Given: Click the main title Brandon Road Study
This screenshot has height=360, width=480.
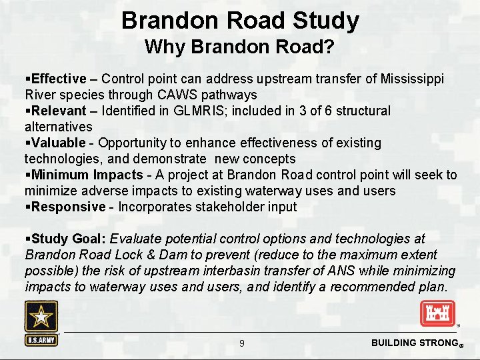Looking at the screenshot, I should [240, 21].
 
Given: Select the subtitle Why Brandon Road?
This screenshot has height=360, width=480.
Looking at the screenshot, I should [240, 47].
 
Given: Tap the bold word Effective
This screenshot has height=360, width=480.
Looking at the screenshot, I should [59, 79].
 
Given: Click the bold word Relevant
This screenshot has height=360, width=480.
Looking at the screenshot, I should [59, 111].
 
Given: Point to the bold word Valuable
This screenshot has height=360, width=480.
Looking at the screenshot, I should [58, 143].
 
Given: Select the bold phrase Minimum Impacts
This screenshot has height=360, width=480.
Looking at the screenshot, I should [86, 175].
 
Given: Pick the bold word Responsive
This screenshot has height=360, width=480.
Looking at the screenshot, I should [68, 207].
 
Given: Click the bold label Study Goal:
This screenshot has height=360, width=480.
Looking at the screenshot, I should [69, 239].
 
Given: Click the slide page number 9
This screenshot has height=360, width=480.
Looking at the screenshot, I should [242, 343].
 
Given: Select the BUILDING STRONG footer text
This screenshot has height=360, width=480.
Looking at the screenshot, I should [413, 343].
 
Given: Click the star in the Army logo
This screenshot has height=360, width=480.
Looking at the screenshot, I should [41, 316].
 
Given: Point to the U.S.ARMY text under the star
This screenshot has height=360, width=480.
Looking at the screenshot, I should [41, 339].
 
